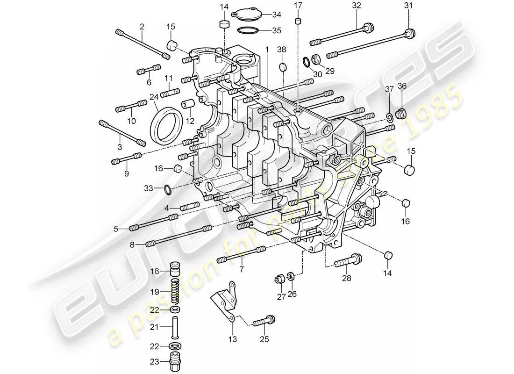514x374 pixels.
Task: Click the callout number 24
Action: (x=154, y=98)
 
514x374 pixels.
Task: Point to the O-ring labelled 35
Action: (x=248, y=31)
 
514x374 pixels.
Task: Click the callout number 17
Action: (x=298, y=6)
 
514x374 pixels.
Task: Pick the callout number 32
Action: (x=357, y=6)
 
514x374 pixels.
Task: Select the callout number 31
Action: (x=409, y=6)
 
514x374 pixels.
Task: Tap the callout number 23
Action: (x=155, y=361)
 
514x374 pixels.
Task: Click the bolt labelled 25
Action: (x=265, y=322)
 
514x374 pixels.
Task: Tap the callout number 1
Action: (x=267, y=49)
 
